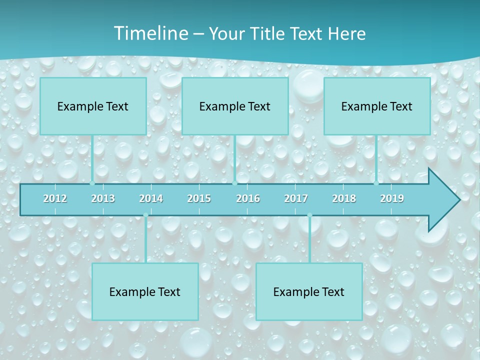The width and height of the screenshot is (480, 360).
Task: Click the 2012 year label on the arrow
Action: (x=55, y=198)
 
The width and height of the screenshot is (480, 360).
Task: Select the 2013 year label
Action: (x=103, y=198)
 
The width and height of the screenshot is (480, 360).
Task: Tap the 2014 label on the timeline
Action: (x=151, y=198)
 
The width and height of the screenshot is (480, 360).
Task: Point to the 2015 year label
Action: (x=199, y=198)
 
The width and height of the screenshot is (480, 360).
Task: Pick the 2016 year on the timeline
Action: (x=248, y=198)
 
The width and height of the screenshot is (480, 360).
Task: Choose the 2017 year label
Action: (x=296, y=198)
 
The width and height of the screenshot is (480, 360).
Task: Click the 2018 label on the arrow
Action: (x=344, y=198)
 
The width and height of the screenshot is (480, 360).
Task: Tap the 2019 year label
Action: (x=392, y=198)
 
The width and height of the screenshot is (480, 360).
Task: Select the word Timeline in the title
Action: (x=150, y=33)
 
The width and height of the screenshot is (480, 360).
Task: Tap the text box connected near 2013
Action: (x=93, y=106)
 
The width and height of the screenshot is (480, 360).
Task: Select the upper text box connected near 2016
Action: (x=235, y=106)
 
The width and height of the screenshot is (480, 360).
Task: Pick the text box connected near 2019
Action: (x=377, y=106)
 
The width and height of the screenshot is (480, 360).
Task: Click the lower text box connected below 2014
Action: (x=145, y=291)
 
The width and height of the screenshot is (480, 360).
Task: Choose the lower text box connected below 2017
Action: (x=309, y=291)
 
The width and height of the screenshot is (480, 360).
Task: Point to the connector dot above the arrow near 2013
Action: (x=92, y=183)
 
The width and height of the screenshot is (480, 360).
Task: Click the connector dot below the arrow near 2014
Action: (x=145, y=215)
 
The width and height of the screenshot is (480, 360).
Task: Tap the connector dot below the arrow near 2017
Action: (x=309, y=215)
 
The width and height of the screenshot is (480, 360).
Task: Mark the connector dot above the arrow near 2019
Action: (x=376, y=183)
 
